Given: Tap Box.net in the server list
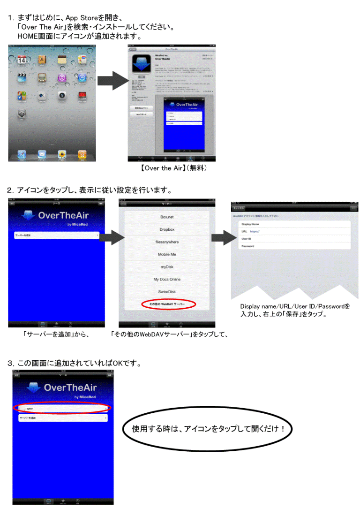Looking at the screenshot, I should [167, 217].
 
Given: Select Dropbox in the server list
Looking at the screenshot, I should [167, 229].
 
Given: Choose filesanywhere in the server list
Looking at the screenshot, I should [167, 242].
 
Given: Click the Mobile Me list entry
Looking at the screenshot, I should [167, 254].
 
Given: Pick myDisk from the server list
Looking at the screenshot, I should [167, 267].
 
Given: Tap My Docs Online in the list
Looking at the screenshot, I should [167, 279].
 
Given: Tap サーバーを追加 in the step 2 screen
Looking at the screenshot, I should [56, 236].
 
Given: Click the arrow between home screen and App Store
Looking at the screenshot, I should [113, 81].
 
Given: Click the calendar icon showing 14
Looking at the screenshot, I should [22, 60].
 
